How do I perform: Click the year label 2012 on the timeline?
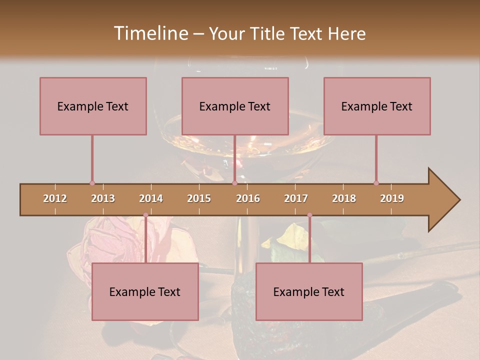click(55, 198)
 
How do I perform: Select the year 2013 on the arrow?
click(103, 198)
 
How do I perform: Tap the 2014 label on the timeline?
click(151, 198)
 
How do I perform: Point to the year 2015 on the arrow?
click(199, 198)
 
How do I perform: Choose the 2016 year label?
click(248, 198)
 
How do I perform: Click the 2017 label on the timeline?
click(296, 198)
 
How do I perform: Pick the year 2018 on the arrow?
click(344, 198)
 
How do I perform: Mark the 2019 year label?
click(392, 198)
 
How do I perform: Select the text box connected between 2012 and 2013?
click(93, 106)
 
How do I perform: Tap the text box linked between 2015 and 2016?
click(235, 106)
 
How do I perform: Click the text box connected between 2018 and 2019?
click(377, 106)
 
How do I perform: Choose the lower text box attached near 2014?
click(145, 291)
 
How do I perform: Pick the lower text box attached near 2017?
click(309, 291)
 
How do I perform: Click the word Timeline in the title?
click(150, 33)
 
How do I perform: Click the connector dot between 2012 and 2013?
click(92, 183)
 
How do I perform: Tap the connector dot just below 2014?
click(145, 215)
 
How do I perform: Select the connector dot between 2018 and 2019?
click(376, 183)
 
